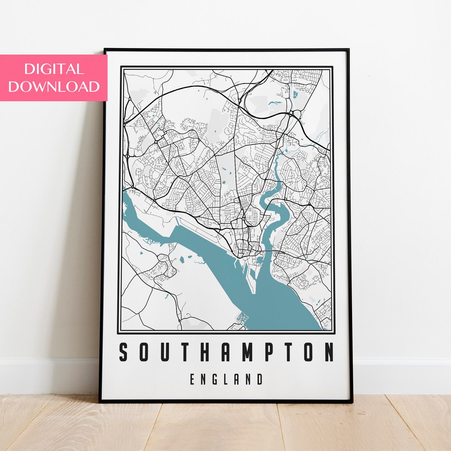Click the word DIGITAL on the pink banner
pos(54,69)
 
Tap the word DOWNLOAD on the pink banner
pos(54,86)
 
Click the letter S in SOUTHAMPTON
pos(124,352)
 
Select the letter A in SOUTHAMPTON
pos(225,352)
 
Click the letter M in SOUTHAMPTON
pos(247,352)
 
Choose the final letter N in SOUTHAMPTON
pos(329,352)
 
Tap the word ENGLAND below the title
pos(226,380)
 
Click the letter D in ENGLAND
pos(260,380)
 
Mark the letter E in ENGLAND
pos(193,380)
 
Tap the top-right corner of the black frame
pos(348,50)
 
